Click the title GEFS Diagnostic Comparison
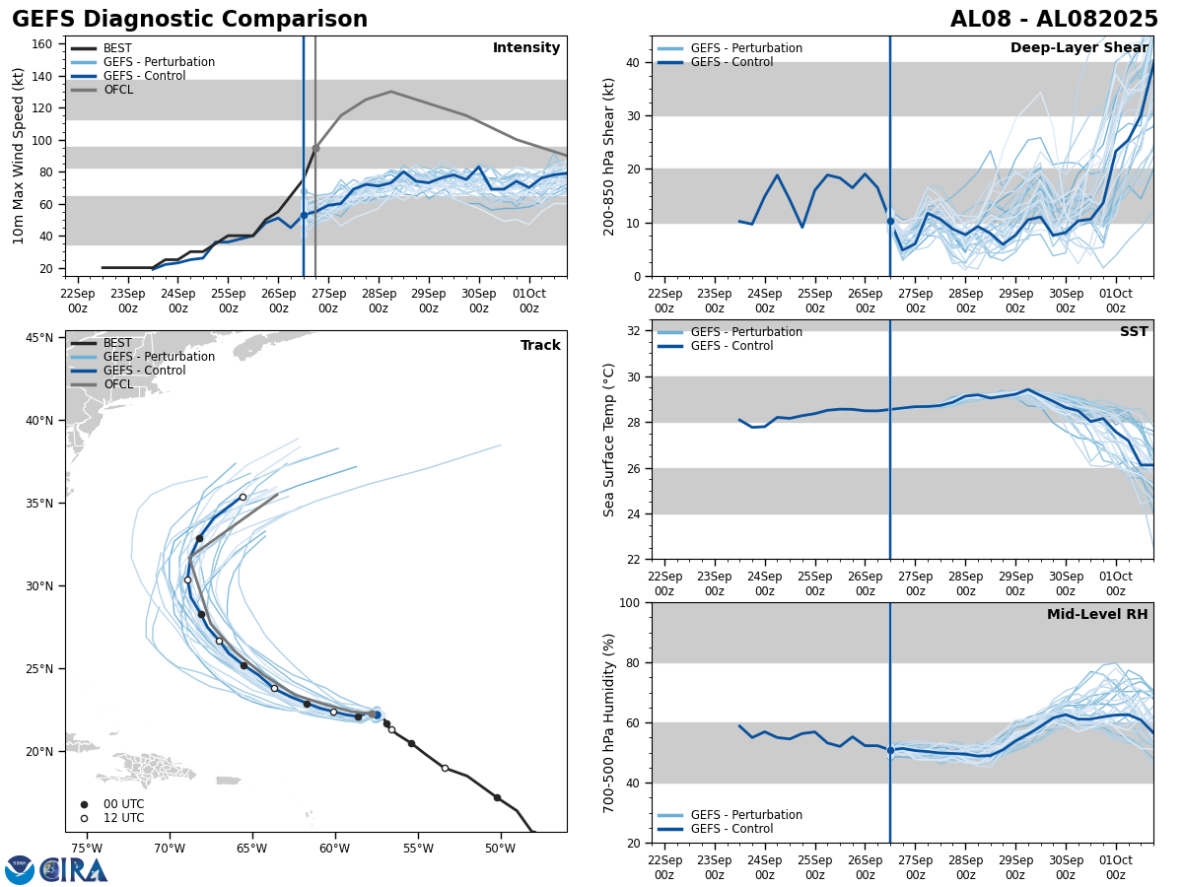coord(189,20)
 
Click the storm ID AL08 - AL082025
coord(1054,20)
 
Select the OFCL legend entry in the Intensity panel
coord(118,90)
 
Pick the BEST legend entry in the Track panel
coord(117,343)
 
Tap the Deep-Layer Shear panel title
coord(1079,48)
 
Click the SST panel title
coord(1133,332)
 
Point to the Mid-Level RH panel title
coord(1097,615)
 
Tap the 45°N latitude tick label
coord(38,338)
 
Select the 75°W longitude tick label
coord(87,849)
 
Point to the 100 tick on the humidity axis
coord(628,602)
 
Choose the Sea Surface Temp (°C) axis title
coord(610,440)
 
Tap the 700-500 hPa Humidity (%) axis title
coord(610,722)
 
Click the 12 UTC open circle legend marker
coord(84,818)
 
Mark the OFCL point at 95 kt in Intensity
coord(315,148)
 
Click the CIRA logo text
coord(74,869)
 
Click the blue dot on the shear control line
coord(890,221)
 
